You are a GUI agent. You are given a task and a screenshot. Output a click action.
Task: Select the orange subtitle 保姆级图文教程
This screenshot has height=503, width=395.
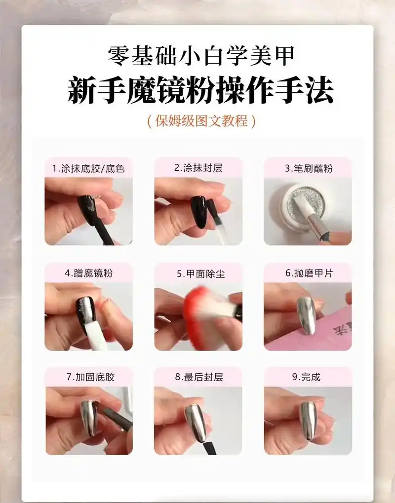point(201,121)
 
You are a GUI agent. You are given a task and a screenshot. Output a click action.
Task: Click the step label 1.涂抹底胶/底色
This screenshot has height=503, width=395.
point(88,168)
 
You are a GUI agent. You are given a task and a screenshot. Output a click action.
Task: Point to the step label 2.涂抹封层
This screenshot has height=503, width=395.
point(198,167)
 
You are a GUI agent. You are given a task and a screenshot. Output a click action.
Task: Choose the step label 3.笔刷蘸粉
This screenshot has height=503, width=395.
point(308,168)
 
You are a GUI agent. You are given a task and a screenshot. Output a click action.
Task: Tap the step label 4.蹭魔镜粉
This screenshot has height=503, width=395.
point(88,272)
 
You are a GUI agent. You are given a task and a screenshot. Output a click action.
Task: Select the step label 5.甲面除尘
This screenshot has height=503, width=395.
point(198,273)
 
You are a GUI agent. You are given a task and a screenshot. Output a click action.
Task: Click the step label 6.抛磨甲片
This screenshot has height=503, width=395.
point(308,272)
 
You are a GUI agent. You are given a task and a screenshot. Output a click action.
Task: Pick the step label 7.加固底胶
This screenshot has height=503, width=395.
point(88,377)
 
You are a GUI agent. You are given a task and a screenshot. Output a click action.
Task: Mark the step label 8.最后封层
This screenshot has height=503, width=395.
point(198,377)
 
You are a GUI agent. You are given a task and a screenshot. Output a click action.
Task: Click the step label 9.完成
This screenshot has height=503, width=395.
point(308,377)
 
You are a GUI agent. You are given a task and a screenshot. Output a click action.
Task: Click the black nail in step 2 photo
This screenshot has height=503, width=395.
point(198,211)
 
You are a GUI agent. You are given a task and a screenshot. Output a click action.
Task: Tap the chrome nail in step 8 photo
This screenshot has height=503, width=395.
point(196,423)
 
